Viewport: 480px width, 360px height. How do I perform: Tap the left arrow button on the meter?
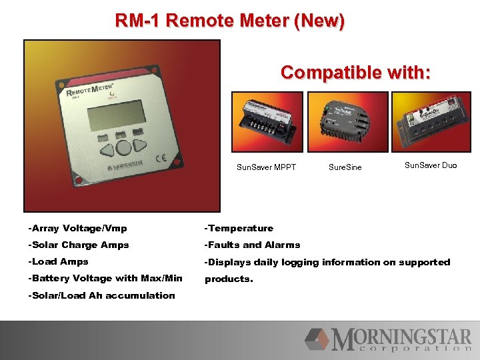tap(105, 149)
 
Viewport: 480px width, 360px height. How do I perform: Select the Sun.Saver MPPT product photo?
tap(267, 122)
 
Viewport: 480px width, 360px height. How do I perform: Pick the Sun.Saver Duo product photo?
tap(426, 122)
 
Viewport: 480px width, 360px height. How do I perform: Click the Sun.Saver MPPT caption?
tap(266, 167)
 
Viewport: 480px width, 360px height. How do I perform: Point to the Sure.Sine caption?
tap(345, 167)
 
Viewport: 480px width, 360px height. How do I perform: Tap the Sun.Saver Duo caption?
tap(431, 165)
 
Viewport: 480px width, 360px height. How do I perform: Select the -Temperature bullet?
tap(239, 228)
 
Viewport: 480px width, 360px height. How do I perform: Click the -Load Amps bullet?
tap(58, 262)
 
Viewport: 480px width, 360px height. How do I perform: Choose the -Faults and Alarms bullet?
tap(252, 245)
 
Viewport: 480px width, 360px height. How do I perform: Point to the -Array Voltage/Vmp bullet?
tap(77, 228)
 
